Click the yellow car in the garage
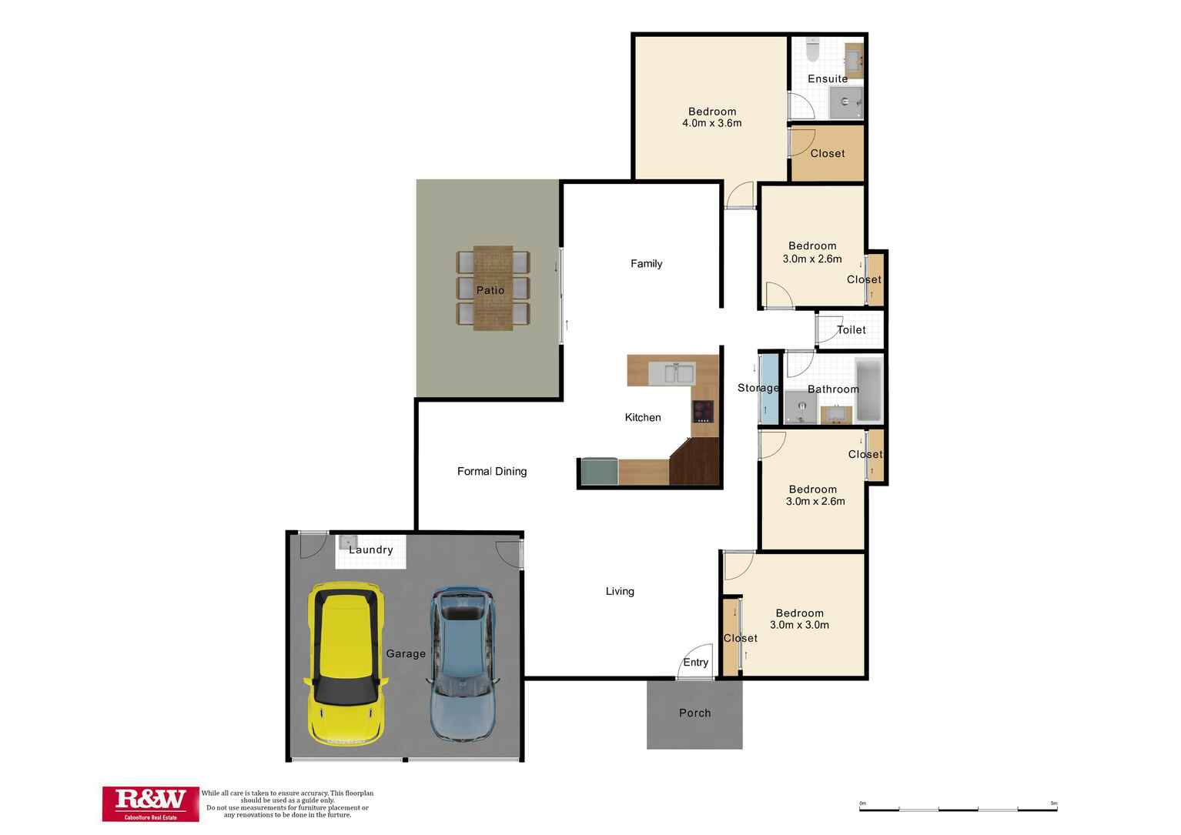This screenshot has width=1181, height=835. [x=346, y=663]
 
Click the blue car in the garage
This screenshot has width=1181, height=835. [x=462, y=663]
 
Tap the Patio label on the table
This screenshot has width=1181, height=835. [x=490, y=290]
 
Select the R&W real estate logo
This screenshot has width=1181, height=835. [x=150, y=803]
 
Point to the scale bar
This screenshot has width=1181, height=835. [x=958, y=808]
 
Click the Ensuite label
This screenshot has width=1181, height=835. [x=828, y=78]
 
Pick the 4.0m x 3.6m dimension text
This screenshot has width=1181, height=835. [x=711, y=123]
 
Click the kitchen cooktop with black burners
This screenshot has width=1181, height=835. [x=703, y=412]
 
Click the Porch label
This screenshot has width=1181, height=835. [x=694, y=713]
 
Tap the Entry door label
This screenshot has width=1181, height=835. [x=695, y=663]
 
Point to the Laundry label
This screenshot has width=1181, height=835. [x=371, y=549]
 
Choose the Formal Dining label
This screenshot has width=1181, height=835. [x=492, y=471]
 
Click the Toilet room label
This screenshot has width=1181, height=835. [x=851, y=329]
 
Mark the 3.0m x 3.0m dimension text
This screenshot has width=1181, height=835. [x=800, y=625]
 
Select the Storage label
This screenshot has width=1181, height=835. [x=758, y=388]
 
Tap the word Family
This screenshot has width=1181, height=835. [x=646, y=263]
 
